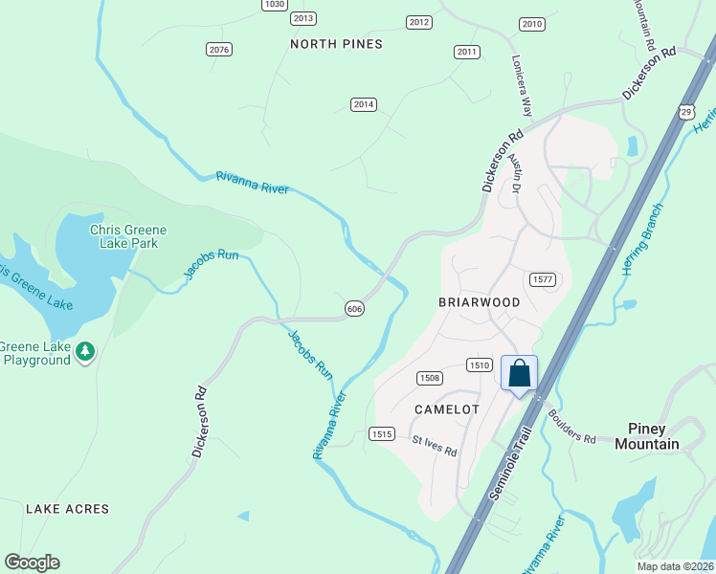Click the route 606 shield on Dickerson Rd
click(354, 308)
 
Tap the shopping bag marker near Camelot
click(520, 374)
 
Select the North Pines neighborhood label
click(336, 44)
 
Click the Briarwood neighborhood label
click(479, 302)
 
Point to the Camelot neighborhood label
click(446, 408)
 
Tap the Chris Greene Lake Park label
click(128, 236)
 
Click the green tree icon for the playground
click(86, 352)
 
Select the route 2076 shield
click(219, 49)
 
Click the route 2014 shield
click(363, 104)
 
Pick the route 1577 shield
click(543, 278)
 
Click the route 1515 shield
click(382, 434)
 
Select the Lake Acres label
click(67, 509)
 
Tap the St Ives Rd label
click(435, 446)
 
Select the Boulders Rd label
click(572, 426)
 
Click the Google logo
click(32, 563)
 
